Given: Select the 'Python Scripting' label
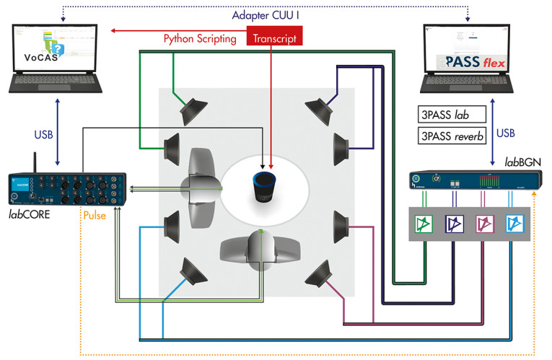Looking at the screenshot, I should point(200,39).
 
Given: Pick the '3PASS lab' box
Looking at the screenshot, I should point(451,115).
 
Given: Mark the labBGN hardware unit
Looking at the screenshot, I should point(470,181).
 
